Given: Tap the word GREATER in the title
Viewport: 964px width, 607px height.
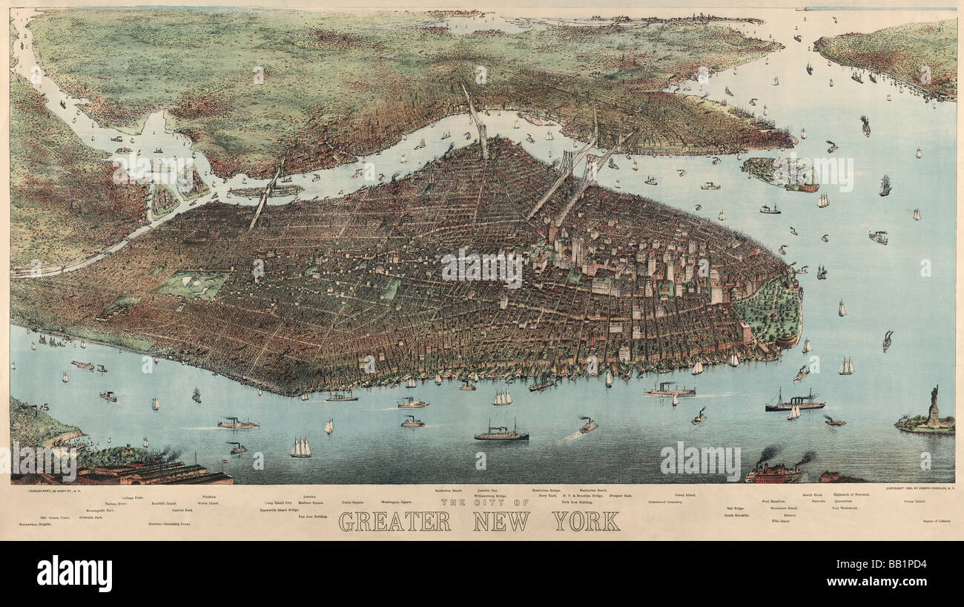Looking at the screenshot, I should pyautogui.click(x=394, y=522).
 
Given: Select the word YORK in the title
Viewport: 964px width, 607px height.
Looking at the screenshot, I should pyautogui.click(x=586, y=522).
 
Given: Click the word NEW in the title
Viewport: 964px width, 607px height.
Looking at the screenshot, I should pyautogui.click(x=501, y=522).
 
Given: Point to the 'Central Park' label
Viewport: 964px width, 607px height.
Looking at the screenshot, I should pyautogui.click(x=182, y=511).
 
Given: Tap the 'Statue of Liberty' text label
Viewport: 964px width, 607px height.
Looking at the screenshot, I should pyautogui.click(x=936, y=521).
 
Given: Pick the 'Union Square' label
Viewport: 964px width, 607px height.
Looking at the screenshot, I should pyautogui.click(x=351, y=502).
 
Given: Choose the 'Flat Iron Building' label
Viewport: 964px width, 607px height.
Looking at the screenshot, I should pyautogui.click(x=312, y=516).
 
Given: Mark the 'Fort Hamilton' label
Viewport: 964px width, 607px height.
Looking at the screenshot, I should pyautogui.click(x=776, y=502).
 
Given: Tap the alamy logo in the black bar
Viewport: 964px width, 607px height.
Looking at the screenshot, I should pyautogui.click(x=74, y=573).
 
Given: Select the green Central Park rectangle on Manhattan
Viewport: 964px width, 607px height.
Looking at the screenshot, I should pyautogui.click(x=194, y=284).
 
